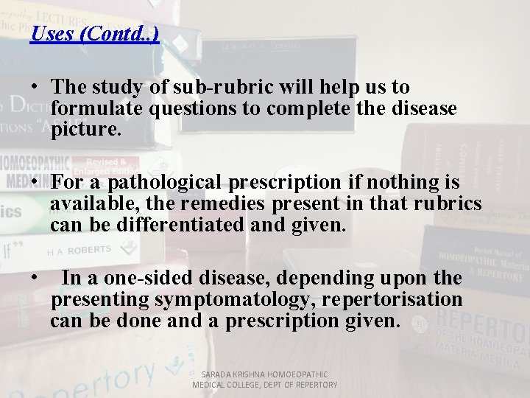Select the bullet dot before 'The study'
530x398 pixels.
(x=35, y=88)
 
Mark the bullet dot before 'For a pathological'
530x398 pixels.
(x=35, y=183)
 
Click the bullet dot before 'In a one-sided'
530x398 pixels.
(x=35, y=279)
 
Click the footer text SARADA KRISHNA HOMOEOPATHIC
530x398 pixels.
(x=264, y=374)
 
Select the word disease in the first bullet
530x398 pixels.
(x=425, y=108)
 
